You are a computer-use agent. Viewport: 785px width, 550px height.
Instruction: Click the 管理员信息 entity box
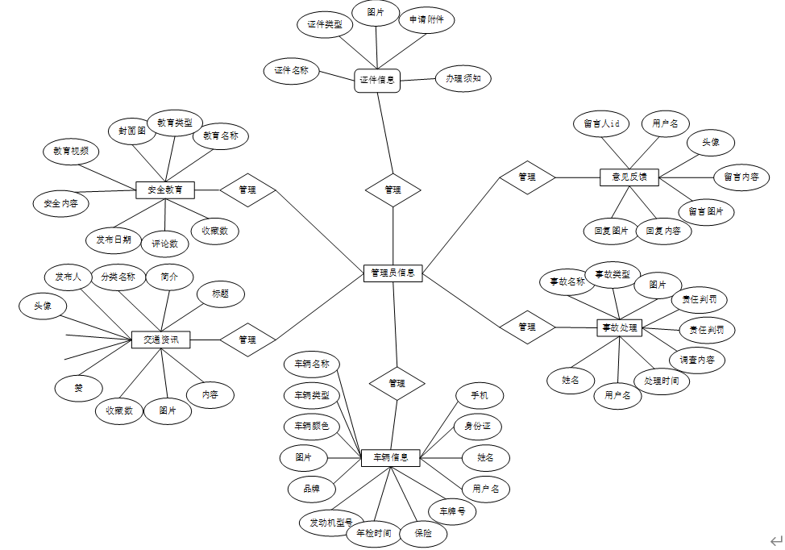(392, 273)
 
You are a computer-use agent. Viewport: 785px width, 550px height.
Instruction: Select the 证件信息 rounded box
(377, 80)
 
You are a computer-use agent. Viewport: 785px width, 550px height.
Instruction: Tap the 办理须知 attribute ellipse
(463, 79)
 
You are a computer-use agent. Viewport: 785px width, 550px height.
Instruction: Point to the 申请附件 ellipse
(426, 19)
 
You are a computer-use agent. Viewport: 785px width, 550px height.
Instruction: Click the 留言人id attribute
(601, 124)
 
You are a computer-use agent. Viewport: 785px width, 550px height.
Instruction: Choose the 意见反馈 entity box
(629, 177)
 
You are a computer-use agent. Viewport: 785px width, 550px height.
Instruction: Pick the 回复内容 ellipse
(664, 231)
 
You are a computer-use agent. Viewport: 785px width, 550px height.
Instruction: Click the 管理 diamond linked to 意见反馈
(527, 177)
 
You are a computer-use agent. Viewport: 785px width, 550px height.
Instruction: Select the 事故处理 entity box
(619, 327)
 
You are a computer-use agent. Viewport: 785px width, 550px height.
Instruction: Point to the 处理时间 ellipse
(661, 381)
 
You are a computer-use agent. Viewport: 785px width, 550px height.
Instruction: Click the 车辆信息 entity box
(390, 458)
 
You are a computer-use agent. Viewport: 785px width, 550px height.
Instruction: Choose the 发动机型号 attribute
(331, 523)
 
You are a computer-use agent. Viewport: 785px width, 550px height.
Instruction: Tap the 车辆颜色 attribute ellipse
(312, 426)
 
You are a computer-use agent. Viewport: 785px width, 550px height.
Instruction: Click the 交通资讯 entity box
(161, 340)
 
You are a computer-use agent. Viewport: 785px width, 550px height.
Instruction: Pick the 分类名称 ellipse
(118, 277)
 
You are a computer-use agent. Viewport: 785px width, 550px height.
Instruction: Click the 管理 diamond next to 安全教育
(247, 190)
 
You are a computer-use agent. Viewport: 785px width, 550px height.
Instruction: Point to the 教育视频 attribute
(71, 151)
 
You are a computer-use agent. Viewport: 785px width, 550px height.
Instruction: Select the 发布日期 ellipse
(114, 240)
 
